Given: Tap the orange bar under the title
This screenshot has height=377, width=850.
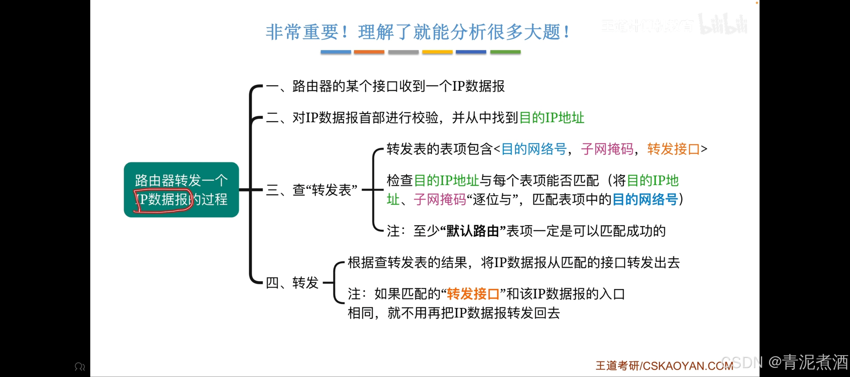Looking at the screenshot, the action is point(369,52).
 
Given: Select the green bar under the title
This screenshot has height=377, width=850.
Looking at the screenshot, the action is point(505,52).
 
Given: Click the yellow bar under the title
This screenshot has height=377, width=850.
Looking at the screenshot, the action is point(437,52).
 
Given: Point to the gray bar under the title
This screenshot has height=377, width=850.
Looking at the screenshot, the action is point(403,52).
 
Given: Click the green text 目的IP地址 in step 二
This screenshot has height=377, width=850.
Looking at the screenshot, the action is point(551,118).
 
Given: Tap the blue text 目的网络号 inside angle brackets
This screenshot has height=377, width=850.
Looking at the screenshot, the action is point(533,149).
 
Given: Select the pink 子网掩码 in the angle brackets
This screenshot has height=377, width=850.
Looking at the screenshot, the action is point(607,149).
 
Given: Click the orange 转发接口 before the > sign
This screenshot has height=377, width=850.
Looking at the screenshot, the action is point(673,149).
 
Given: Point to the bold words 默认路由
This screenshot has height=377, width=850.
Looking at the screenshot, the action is point(473,231).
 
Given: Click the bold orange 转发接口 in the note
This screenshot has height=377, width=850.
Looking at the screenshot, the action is point(473,294).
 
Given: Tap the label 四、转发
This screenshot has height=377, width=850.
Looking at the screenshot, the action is point(292,283).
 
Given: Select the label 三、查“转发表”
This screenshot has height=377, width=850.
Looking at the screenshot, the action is point(311,190).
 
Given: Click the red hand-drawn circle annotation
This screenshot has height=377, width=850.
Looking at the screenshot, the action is point(163,200).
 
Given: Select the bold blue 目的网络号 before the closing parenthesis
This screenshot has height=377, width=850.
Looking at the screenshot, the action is point(645,200).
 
